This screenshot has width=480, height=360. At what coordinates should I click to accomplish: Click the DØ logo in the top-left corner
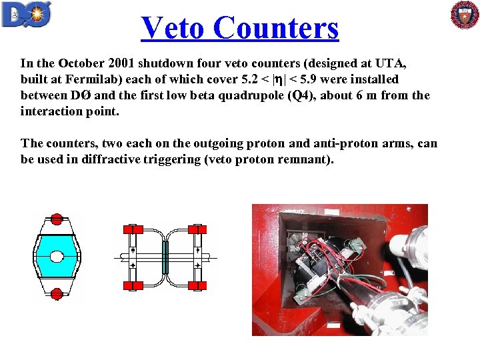pos(27,14)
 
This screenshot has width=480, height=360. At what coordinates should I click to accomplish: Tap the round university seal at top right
pos(465,15)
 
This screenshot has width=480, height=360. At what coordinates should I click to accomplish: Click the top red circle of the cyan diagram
pos(57,219)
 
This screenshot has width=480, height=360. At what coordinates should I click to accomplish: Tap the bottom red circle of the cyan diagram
pos(57,293)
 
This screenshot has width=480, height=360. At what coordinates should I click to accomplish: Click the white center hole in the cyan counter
pos(57,257)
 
